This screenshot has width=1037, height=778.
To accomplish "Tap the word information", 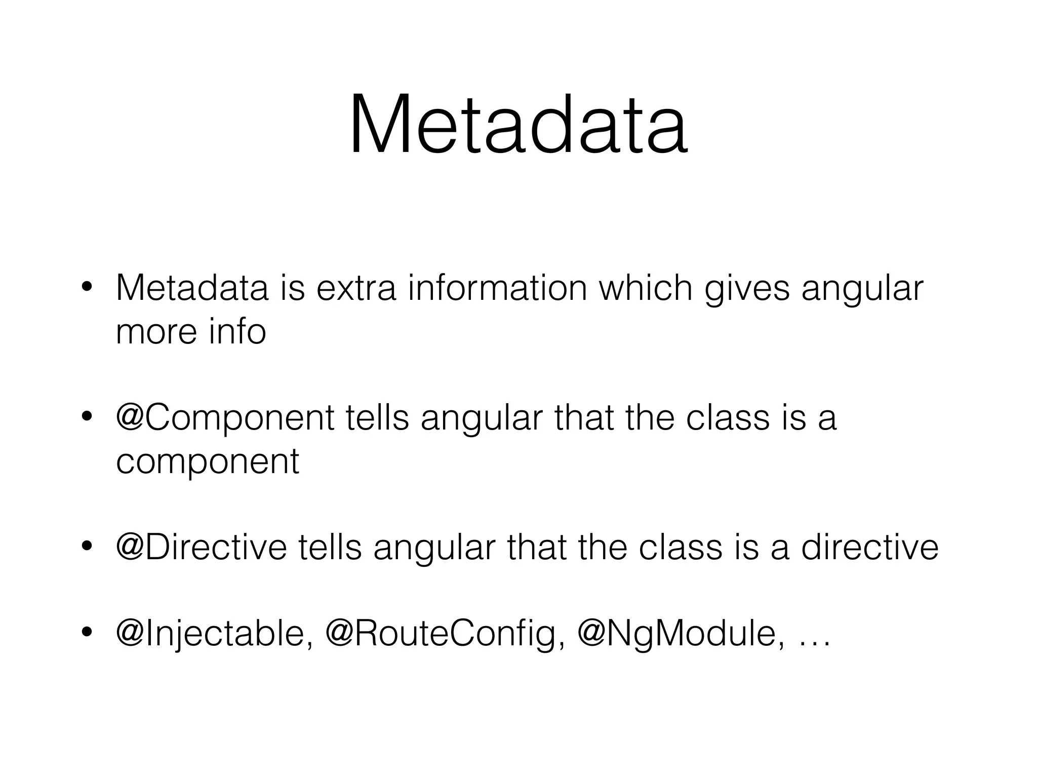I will coord(497,288).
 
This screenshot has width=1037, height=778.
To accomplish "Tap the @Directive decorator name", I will coord(202,548).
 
